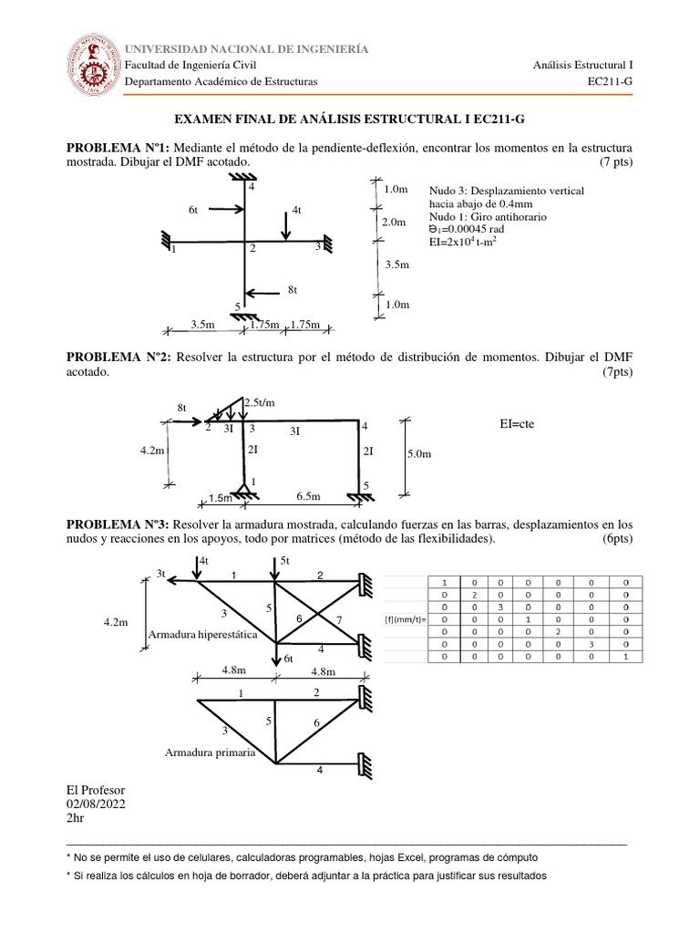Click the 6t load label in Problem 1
pyautogui.click(x=193, y=210)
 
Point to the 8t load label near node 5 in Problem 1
pyautogui.click(x=293, y=289)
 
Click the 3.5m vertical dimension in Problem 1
pyautogui.click(x=397, y=265)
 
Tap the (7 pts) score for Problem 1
pyautogui.click(x=616, y=161)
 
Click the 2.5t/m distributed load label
pyautogui.click(x=258, y=402)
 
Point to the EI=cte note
pyautogui.click(x=516, y=424)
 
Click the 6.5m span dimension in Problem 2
pyautogui.click(x=309, y=495)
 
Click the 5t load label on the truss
pyautogui.click(x=284, y=559)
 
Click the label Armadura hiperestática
pyautogui.click(x=207, y=633)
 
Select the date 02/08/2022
pyautogui.click(x=96, y=804)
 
